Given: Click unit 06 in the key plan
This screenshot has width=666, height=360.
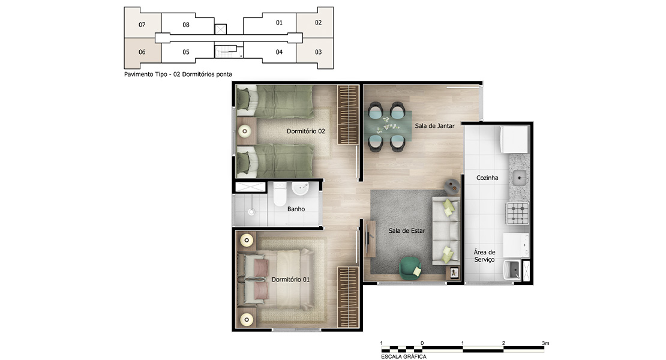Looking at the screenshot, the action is pos(142,52).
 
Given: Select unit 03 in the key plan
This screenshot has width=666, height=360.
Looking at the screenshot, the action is pos(318,52).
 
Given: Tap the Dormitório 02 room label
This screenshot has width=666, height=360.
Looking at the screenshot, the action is pos(306,131).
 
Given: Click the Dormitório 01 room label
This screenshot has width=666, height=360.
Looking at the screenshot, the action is pos(290,280).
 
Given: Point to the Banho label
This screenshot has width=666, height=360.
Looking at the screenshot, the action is pos(296,209).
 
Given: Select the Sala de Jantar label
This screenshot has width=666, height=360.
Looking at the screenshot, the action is pos(434,125).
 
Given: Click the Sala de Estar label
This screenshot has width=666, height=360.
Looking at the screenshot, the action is pos(406,230).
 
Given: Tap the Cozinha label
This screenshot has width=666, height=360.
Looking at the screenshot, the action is pos(487,178).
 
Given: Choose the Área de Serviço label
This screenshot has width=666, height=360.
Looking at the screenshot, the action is pos(485,256).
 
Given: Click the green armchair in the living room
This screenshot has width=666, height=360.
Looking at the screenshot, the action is pos(410,268).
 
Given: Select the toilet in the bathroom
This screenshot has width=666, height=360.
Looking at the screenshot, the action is pos(280,194).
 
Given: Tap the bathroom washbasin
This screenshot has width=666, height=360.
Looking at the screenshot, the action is pos(300,188).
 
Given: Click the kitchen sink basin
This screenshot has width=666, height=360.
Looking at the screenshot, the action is pos(520,178).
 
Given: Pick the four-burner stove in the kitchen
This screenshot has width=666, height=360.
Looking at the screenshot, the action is pos(517,214).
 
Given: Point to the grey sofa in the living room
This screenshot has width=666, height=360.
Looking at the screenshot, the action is pos(446,230).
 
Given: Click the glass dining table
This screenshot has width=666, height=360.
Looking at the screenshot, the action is pos(391,126).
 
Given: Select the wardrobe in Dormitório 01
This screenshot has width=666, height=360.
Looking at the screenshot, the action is pos(348,297).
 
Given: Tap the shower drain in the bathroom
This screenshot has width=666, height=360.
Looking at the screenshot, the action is pos(251,211).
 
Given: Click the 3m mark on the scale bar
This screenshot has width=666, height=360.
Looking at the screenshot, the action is pos(545,343).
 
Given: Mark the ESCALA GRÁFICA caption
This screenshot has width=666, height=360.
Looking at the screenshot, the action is pos(404,356).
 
